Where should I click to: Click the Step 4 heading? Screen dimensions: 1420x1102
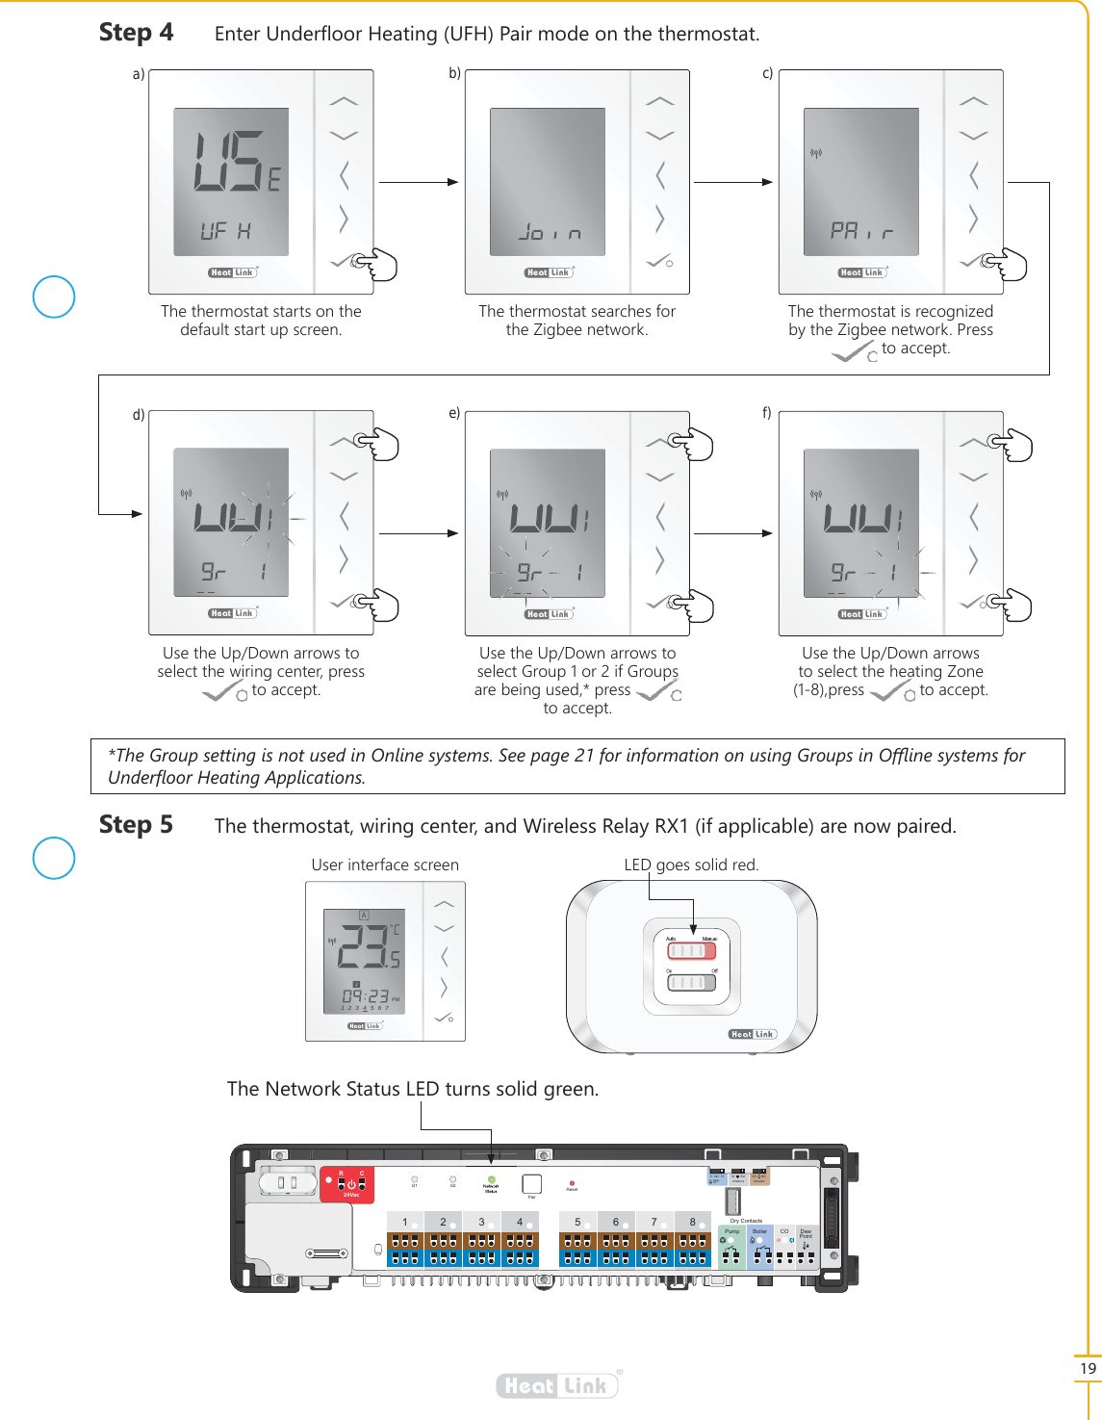coord(136,33)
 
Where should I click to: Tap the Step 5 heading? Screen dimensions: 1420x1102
coord(136,825)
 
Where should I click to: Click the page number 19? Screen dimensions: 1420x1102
coord(1088,1368)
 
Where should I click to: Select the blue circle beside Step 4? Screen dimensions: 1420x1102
coord(54,297)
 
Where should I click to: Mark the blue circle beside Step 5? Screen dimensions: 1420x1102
coord(54,858)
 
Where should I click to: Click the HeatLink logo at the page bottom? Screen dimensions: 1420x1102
coord(557,1385)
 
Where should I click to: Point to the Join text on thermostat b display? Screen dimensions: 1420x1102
coord(550,233)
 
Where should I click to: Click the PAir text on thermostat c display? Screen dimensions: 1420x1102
coord(861,231)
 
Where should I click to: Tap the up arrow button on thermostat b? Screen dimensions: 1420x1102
coord(660,101)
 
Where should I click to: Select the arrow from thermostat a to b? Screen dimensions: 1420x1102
coord(419,182)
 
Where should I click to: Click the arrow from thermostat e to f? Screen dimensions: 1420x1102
coord(732,532)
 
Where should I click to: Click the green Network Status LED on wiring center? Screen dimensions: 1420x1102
coord(491,1179)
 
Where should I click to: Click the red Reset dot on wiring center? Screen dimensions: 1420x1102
coord(572,1183)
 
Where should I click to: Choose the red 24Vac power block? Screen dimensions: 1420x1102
coord(346,1185)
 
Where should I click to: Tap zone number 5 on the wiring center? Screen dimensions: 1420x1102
coord(577,1223)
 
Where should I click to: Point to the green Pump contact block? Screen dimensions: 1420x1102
coord(731,1248)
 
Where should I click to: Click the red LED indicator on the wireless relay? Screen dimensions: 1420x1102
coord(692,951)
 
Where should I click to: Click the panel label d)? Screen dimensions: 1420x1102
coord(139,415)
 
